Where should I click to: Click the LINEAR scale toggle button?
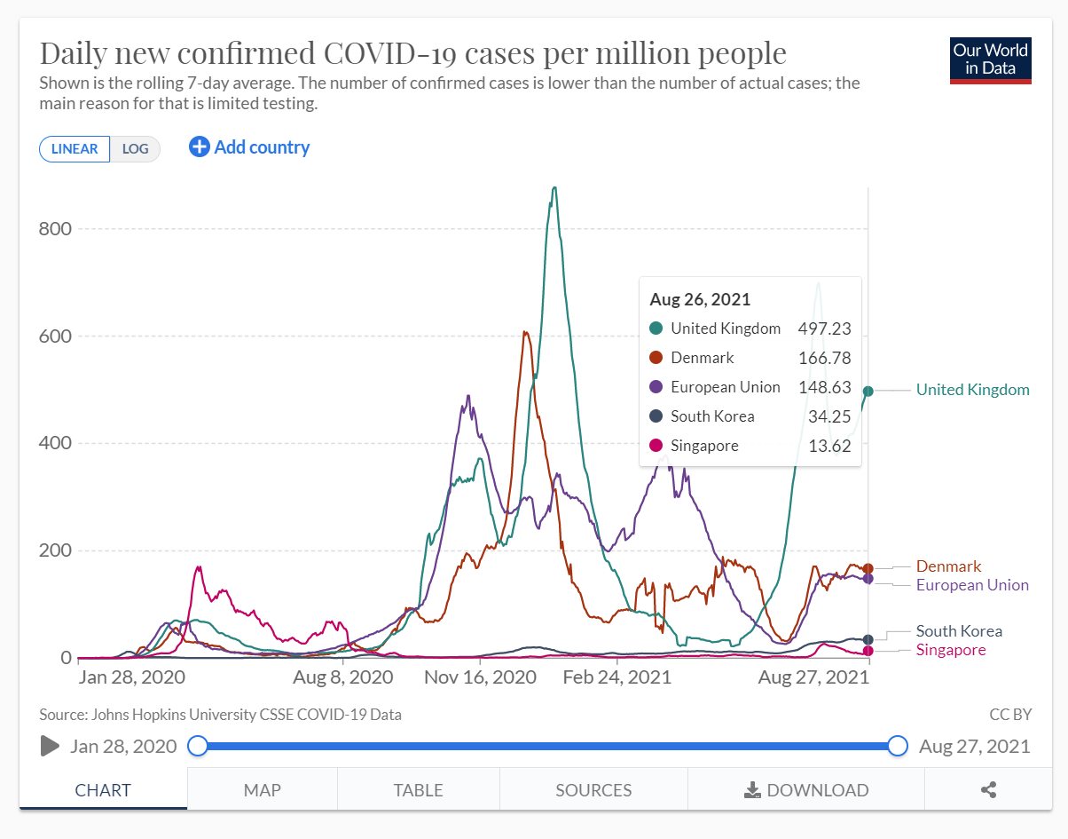pos(75,148)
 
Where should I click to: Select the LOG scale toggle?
pos(135,148)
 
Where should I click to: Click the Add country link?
pos(249,147)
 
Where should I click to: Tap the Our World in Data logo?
pos(990,59)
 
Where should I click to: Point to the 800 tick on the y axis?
pos(55,229)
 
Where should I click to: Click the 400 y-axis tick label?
pos(55,443)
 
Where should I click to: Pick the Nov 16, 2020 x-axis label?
pos(480,677)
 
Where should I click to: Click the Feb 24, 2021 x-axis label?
pos(617,677)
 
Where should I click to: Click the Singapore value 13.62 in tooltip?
pos(830,446)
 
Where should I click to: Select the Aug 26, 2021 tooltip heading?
pos(700,299)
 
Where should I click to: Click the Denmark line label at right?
pos(948,566)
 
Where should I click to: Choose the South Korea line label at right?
pos(959,631)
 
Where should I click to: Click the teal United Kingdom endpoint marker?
pos(868,391)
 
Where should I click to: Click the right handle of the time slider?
pos(898,746)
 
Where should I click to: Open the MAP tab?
pos(262,789)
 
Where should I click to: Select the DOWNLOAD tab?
pos(805,789)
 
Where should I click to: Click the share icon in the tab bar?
pos(989,789)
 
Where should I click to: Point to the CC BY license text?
pos(1009,714)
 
